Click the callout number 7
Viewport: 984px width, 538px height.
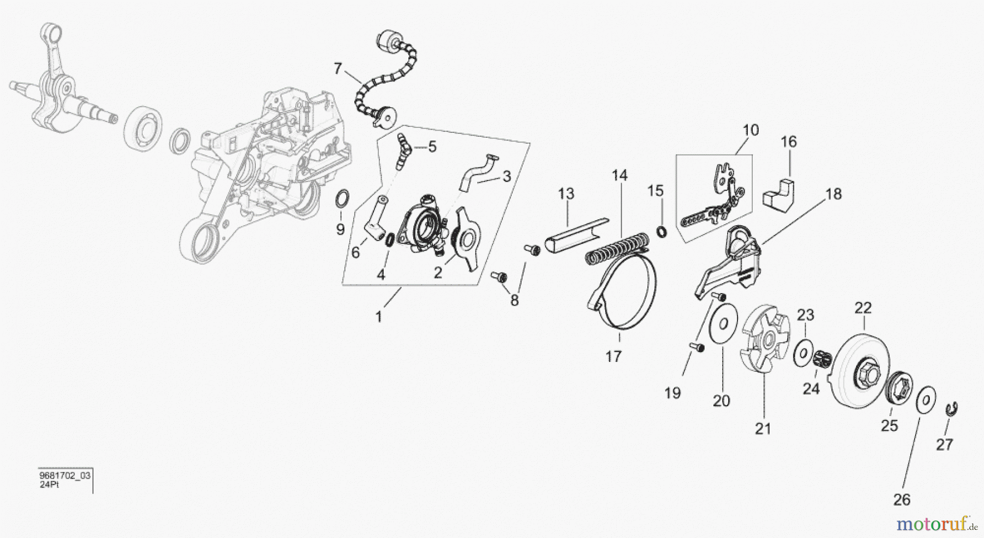(x=337, y=69)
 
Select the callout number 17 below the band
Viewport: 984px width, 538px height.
(x=613, y=356)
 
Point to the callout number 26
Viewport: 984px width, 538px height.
(x=902, y=499)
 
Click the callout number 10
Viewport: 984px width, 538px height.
(x=751, y=131)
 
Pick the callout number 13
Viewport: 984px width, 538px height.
(x=566, y=194)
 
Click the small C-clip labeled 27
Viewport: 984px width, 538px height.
(x=952, y=409)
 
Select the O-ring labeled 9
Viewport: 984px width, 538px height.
(x=342, y=198)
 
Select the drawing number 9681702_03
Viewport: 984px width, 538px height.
(x=65, y=476)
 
